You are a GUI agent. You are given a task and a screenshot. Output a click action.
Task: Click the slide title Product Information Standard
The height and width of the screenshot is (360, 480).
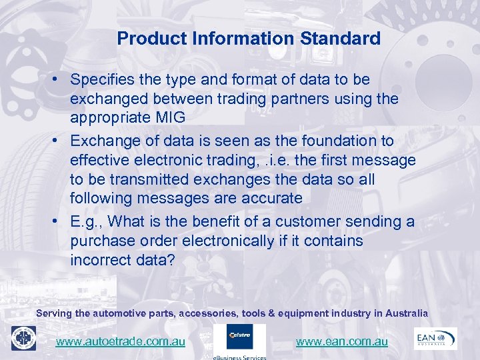point(249,39)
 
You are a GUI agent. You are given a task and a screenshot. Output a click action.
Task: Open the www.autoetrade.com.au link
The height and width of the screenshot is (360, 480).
point(121,342)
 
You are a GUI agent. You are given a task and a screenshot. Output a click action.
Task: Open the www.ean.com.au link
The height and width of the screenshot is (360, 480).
point(341,342)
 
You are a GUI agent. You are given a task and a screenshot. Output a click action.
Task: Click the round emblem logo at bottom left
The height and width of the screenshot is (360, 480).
point(23,338)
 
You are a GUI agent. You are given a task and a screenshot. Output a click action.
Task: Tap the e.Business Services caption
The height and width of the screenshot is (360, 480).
point(239,357)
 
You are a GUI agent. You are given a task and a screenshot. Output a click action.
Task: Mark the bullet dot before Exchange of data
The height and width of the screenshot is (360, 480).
point(59,141)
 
